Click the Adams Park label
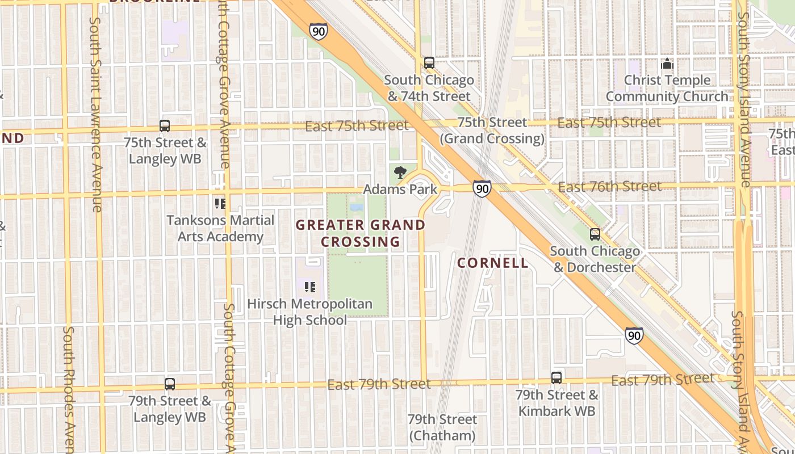[x=400, y=189]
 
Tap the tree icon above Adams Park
[x=400, y=173]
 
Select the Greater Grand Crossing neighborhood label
[x=361, y=233]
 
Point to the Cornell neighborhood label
[x=493, y=263]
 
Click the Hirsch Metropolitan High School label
[x=310, y=312]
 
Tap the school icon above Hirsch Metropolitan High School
[x=309, y=287]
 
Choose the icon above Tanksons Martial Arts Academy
[x=220, y=204]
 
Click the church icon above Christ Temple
[x=667, y=64]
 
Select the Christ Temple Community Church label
[x=667, y=89]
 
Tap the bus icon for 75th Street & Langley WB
[x=165, y=126]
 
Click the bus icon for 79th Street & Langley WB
[x=170, y=384]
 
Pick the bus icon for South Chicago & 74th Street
[x=429, y=63]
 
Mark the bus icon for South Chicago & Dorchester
[x=595, y=234]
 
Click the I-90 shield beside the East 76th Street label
[x=482, y=189]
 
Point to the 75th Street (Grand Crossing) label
[x=492, y=131]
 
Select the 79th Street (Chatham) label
[x=442, y=427]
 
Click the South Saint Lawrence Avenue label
[x=95, y=113]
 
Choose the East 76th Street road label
[x=609, y=186]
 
